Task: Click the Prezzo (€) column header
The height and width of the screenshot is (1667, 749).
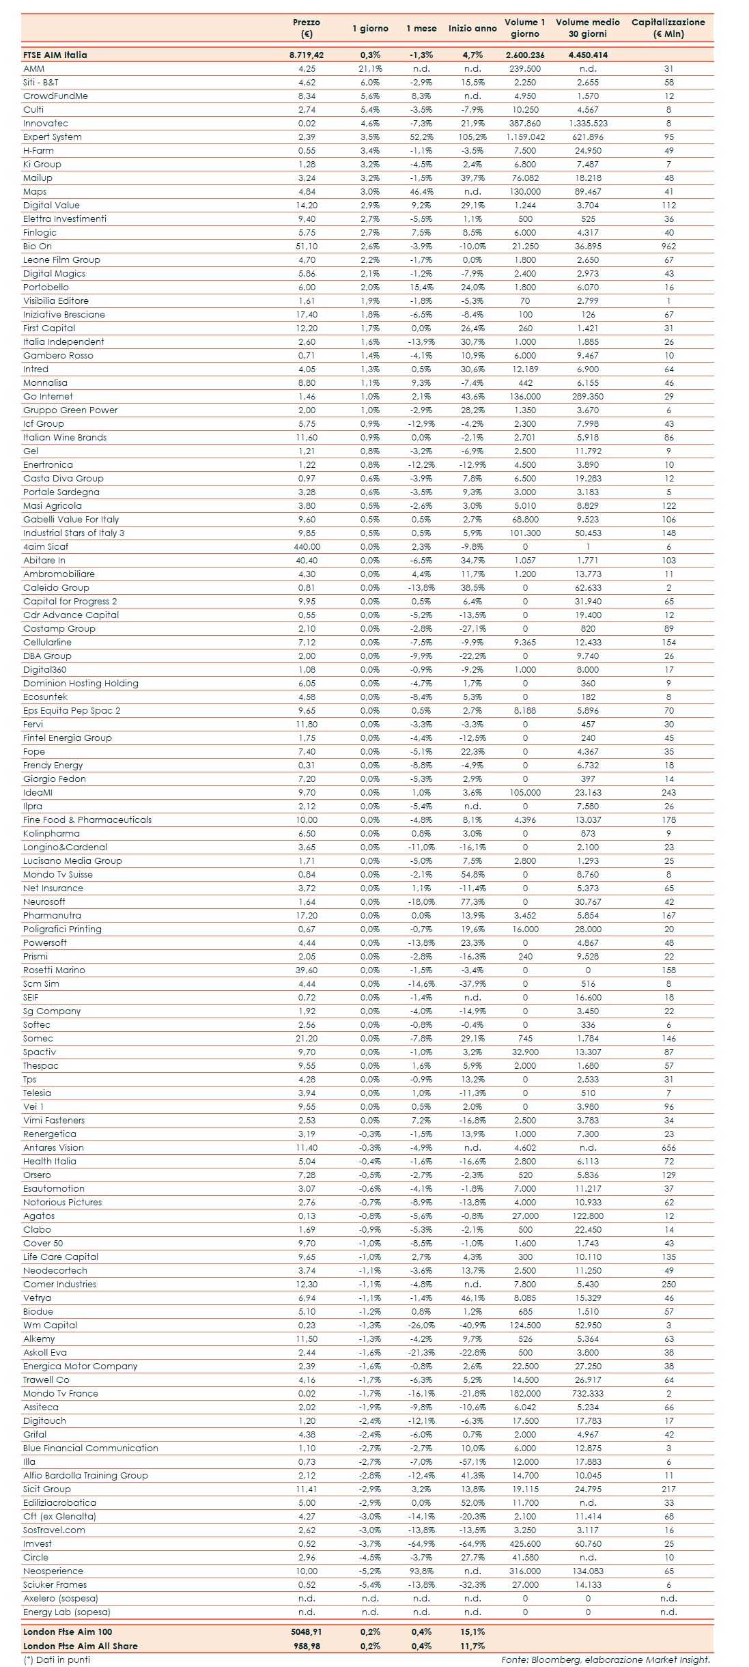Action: pyautogui.click(x=306, y=28)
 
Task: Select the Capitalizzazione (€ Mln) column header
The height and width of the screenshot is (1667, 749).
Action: pyautogui.click(x=668, y=28)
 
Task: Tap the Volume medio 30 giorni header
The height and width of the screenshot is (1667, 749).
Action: pyautogui.click(x=587, y=28)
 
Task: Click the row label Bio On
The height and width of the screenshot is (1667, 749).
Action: pyautogui.click(x=38, y=246)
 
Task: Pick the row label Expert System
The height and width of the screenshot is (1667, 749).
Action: pyautogui.click(x=53, y=137)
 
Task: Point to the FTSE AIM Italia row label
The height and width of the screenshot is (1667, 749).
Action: pyautogui.click(x=55, y=55)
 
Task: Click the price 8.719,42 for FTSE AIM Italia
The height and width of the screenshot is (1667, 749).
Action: pyautogui.click(x=306, y=55)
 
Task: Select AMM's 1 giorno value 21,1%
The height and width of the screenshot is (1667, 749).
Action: pyautogui.click(x=370, y=68)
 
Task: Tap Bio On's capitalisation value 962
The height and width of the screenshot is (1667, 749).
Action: pyautogui.click(x=668, y=246)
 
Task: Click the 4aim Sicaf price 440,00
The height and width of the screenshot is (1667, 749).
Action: pyautogui.click(x=307, y=546)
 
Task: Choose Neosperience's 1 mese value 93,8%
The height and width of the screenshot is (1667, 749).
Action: pyautogui.click(x=421, y=1571)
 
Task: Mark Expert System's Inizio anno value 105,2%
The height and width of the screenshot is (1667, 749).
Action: pyautogui.click(x=472, y=137)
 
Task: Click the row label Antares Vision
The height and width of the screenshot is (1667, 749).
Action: pyautogui.click(x=53, y=1147)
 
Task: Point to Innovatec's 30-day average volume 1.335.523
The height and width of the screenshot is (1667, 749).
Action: pyautogui.click(x=587, y=123)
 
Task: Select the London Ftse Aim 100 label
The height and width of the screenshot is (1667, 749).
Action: pyautogui.click(x=68, y=1631)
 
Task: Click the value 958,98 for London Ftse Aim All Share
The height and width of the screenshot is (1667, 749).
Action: pyautogui.click(x=307, y=1646)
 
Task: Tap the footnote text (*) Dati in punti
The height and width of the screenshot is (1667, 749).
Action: pyautogui.click(x=57, y=1659)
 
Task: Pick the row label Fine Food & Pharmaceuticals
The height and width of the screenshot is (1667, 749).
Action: pyautogui.click(x=87, y=820)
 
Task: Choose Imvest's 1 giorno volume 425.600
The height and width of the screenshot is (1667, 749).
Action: pyautogui.click(x=524, y=1543)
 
